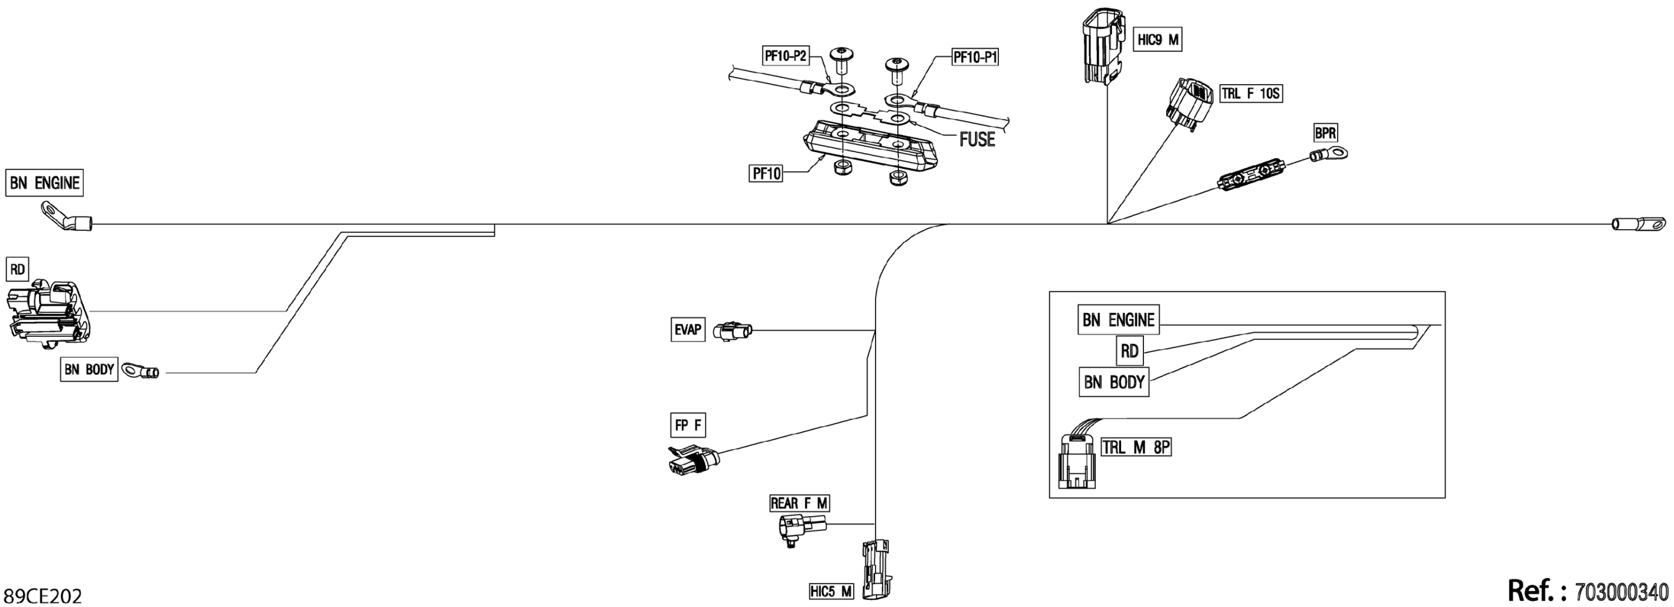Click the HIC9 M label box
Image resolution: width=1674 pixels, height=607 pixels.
click(1157, 40)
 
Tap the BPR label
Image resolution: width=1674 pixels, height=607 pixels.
click(1325, 133)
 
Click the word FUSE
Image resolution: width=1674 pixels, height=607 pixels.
click(977, 139)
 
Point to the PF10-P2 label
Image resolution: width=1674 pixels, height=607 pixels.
click(785, 56)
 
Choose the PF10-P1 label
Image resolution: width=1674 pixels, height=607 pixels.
click(975, 57)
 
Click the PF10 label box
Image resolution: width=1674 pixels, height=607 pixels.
click(766, 174)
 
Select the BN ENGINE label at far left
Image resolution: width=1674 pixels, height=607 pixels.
click(44, 182)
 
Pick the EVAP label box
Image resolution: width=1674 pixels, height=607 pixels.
click(687, 330)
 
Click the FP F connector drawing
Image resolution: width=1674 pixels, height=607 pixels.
click(692, 461)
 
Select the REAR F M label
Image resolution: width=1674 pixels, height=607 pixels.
click(798, 503)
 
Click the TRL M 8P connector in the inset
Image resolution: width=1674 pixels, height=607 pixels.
click(1076, 463)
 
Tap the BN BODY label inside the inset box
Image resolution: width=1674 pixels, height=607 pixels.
click(1113, 382)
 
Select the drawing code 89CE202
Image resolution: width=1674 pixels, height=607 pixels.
click(43, 596)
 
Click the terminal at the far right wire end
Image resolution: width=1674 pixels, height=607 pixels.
click(1639, 224)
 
